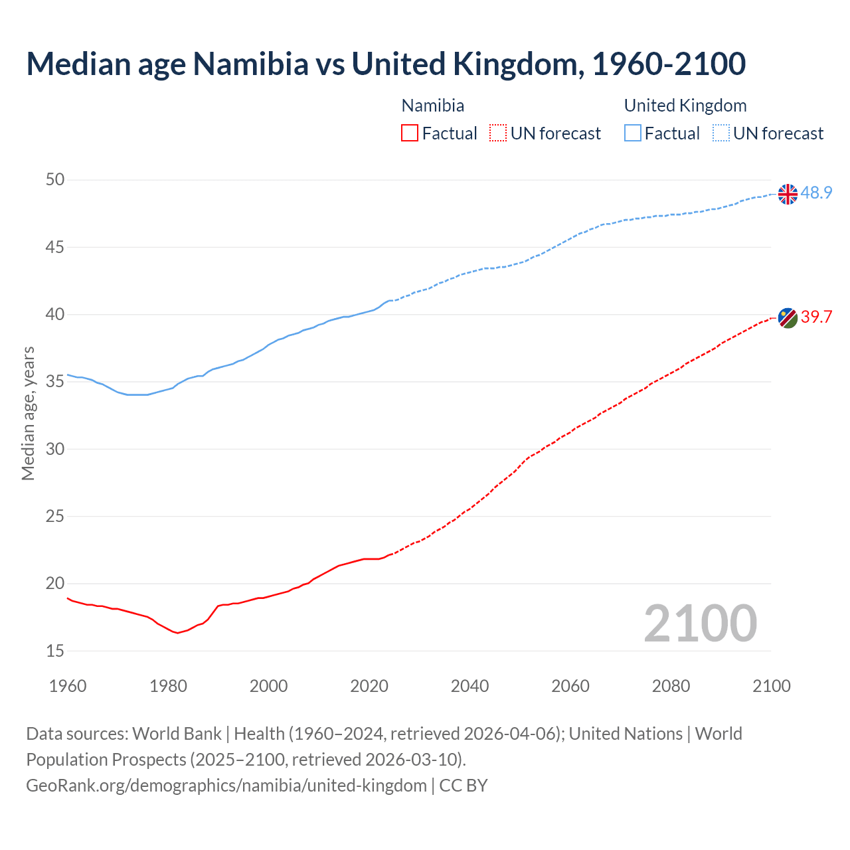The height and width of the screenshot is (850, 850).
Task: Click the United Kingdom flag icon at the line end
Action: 788,194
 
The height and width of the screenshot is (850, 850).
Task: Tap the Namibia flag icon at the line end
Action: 788,317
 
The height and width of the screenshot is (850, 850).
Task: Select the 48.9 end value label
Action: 816,193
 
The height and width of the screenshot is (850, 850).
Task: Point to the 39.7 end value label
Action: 816,317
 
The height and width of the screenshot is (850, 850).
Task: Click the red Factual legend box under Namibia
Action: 410,133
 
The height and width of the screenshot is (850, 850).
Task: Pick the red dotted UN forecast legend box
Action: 498,133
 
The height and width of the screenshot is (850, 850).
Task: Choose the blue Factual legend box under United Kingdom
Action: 633,133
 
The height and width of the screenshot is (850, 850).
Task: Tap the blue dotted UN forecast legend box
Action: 721,133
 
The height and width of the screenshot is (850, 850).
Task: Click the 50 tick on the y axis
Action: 55,180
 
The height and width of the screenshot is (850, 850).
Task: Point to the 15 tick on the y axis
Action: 55,651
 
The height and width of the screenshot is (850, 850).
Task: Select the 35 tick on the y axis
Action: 55,382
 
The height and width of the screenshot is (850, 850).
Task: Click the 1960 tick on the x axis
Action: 68,686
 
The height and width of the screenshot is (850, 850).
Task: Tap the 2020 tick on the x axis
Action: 369,686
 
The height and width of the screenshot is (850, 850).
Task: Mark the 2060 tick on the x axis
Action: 570,686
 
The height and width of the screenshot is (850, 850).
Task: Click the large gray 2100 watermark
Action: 700,623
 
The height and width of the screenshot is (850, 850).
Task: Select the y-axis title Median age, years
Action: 28,413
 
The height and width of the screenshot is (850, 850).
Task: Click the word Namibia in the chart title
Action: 250,64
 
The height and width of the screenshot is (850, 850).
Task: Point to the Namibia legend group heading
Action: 433,106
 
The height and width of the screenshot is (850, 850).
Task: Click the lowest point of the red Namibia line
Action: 177,633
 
